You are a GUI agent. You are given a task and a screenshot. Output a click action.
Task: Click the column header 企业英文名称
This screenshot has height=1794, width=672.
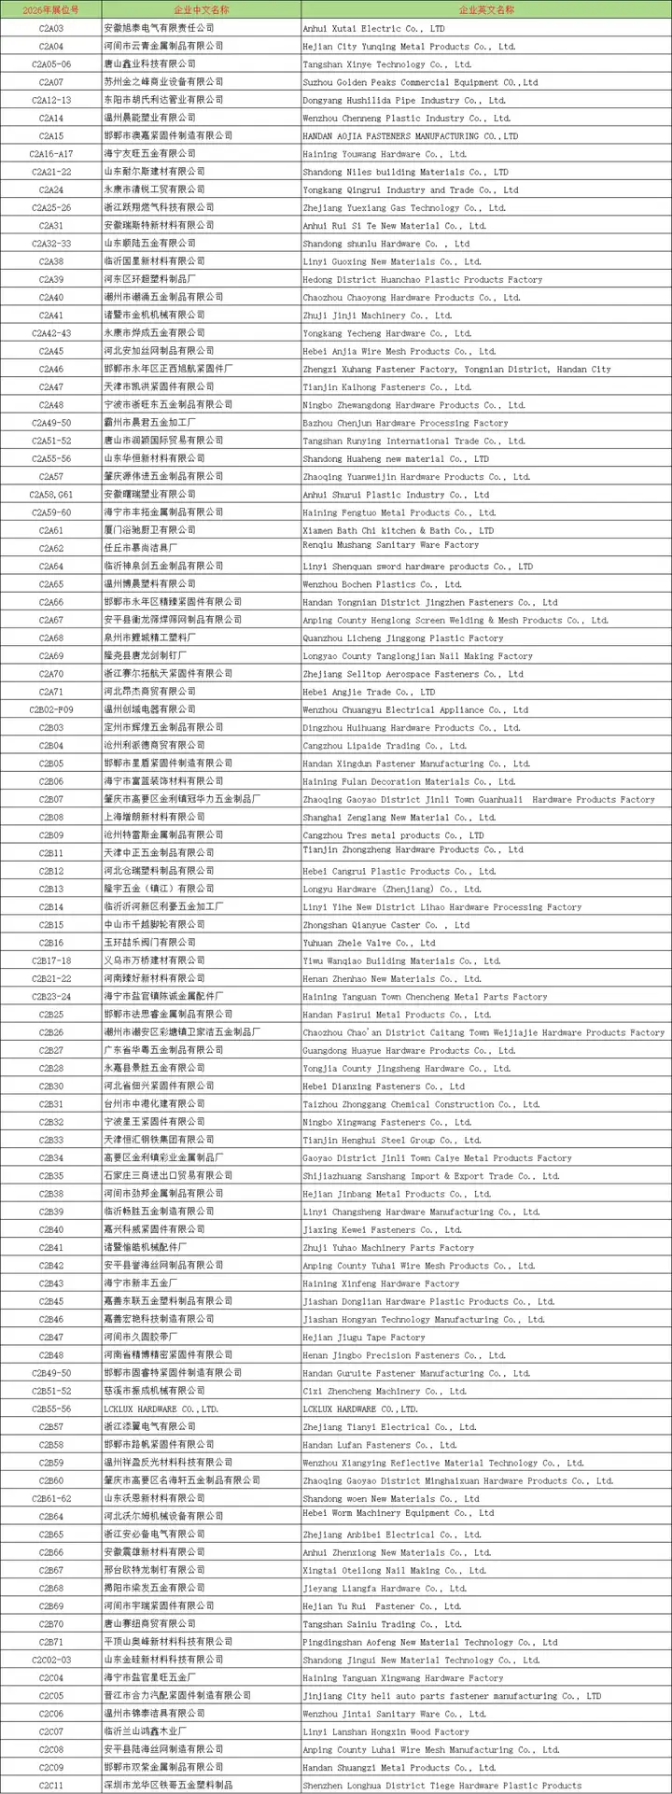[485, 9]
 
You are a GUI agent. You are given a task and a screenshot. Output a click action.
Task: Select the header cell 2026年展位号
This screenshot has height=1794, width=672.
[51, 9]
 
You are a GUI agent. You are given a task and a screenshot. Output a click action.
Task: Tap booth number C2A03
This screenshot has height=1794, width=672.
[51, 28]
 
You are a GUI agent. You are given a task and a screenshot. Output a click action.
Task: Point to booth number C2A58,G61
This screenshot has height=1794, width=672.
[51, 495]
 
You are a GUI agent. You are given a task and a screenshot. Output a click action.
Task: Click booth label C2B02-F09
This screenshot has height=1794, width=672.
[51, 709]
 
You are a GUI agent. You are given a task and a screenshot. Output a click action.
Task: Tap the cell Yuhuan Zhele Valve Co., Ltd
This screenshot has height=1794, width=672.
[369, 943]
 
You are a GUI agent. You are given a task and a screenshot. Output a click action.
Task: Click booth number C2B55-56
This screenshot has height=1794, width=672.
[51, 1409]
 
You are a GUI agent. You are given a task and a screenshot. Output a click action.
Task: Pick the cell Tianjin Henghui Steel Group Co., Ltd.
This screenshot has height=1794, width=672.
[392, 1141]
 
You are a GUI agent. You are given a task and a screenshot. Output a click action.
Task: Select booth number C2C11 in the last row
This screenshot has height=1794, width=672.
[51, 1786]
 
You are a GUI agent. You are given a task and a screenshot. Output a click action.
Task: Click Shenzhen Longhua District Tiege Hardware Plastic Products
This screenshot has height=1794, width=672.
[441, 1786]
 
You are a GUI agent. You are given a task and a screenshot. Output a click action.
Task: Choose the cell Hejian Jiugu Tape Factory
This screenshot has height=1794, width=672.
[364, 1338]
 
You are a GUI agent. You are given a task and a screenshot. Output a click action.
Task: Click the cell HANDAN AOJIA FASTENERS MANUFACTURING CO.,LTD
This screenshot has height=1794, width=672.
[410, 136]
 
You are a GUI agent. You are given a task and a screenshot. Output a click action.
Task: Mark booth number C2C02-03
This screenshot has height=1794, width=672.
[51, 1661]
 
